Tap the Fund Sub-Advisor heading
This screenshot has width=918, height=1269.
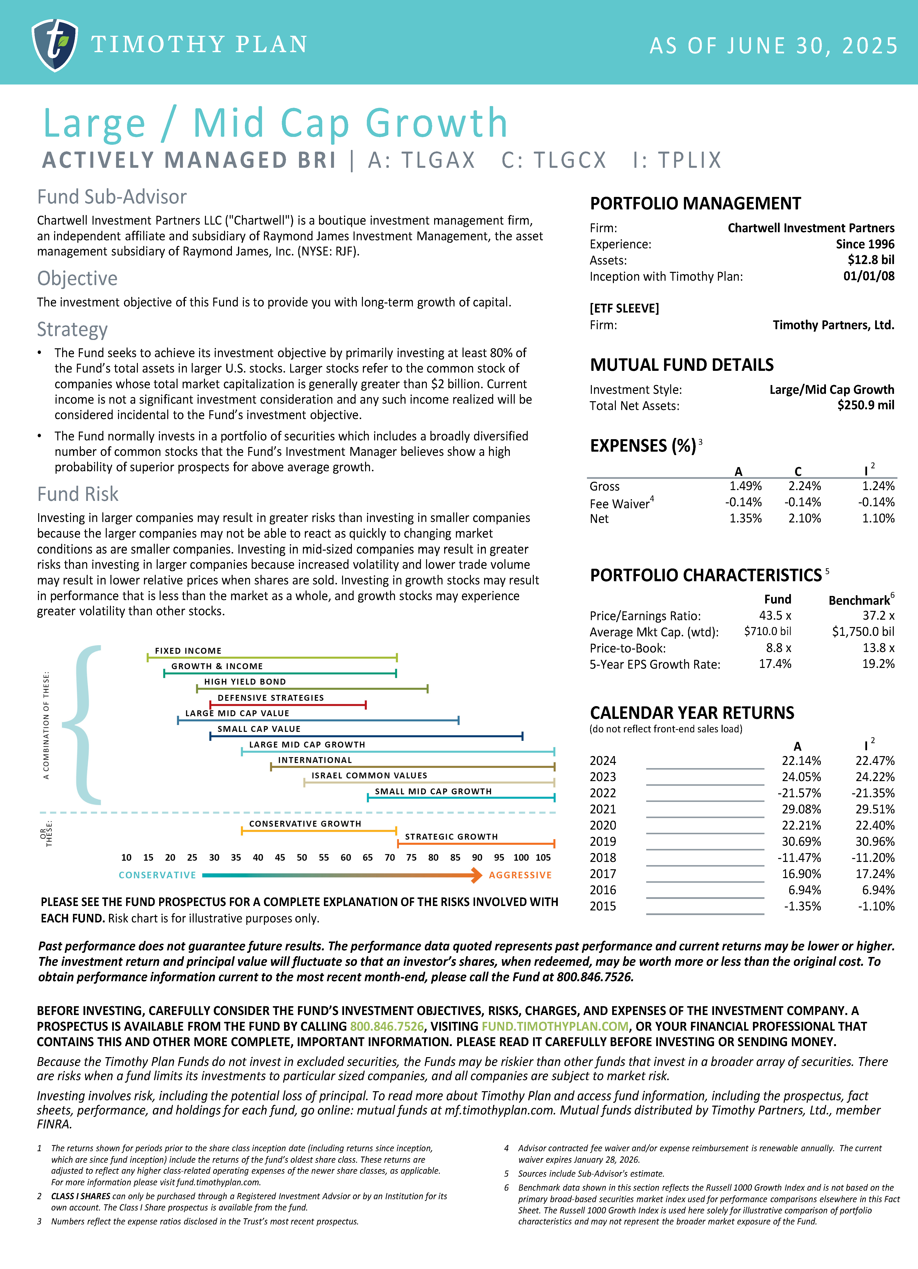pos(112,197)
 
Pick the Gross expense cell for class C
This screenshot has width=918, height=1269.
pos(804,486)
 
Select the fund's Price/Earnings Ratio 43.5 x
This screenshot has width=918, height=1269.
pos(775,616)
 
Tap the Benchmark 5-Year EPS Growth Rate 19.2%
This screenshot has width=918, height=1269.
pos(878,664)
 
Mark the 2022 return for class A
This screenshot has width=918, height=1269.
pos(801,793)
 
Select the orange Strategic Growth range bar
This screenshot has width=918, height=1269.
pos(476,843)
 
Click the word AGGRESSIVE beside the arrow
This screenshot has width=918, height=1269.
pos(520,875)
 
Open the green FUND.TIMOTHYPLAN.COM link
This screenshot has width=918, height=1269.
pos(555,1027)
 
